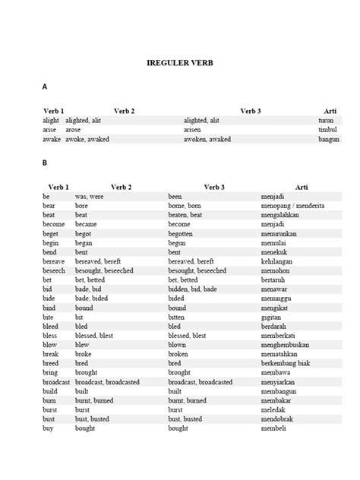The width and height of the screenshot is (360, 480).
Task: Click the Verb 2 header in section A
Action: (123, 111)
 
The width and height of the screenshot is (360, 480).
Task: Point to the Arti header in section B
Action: (302, 186)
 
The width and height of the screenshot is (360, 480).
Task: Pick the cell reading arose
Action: (73, 130)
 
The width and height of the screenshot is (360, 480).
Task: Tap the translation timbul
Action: (327, 130)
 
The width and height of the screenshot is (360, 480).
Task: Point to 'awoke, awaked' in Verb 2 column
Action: (88, 140)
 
